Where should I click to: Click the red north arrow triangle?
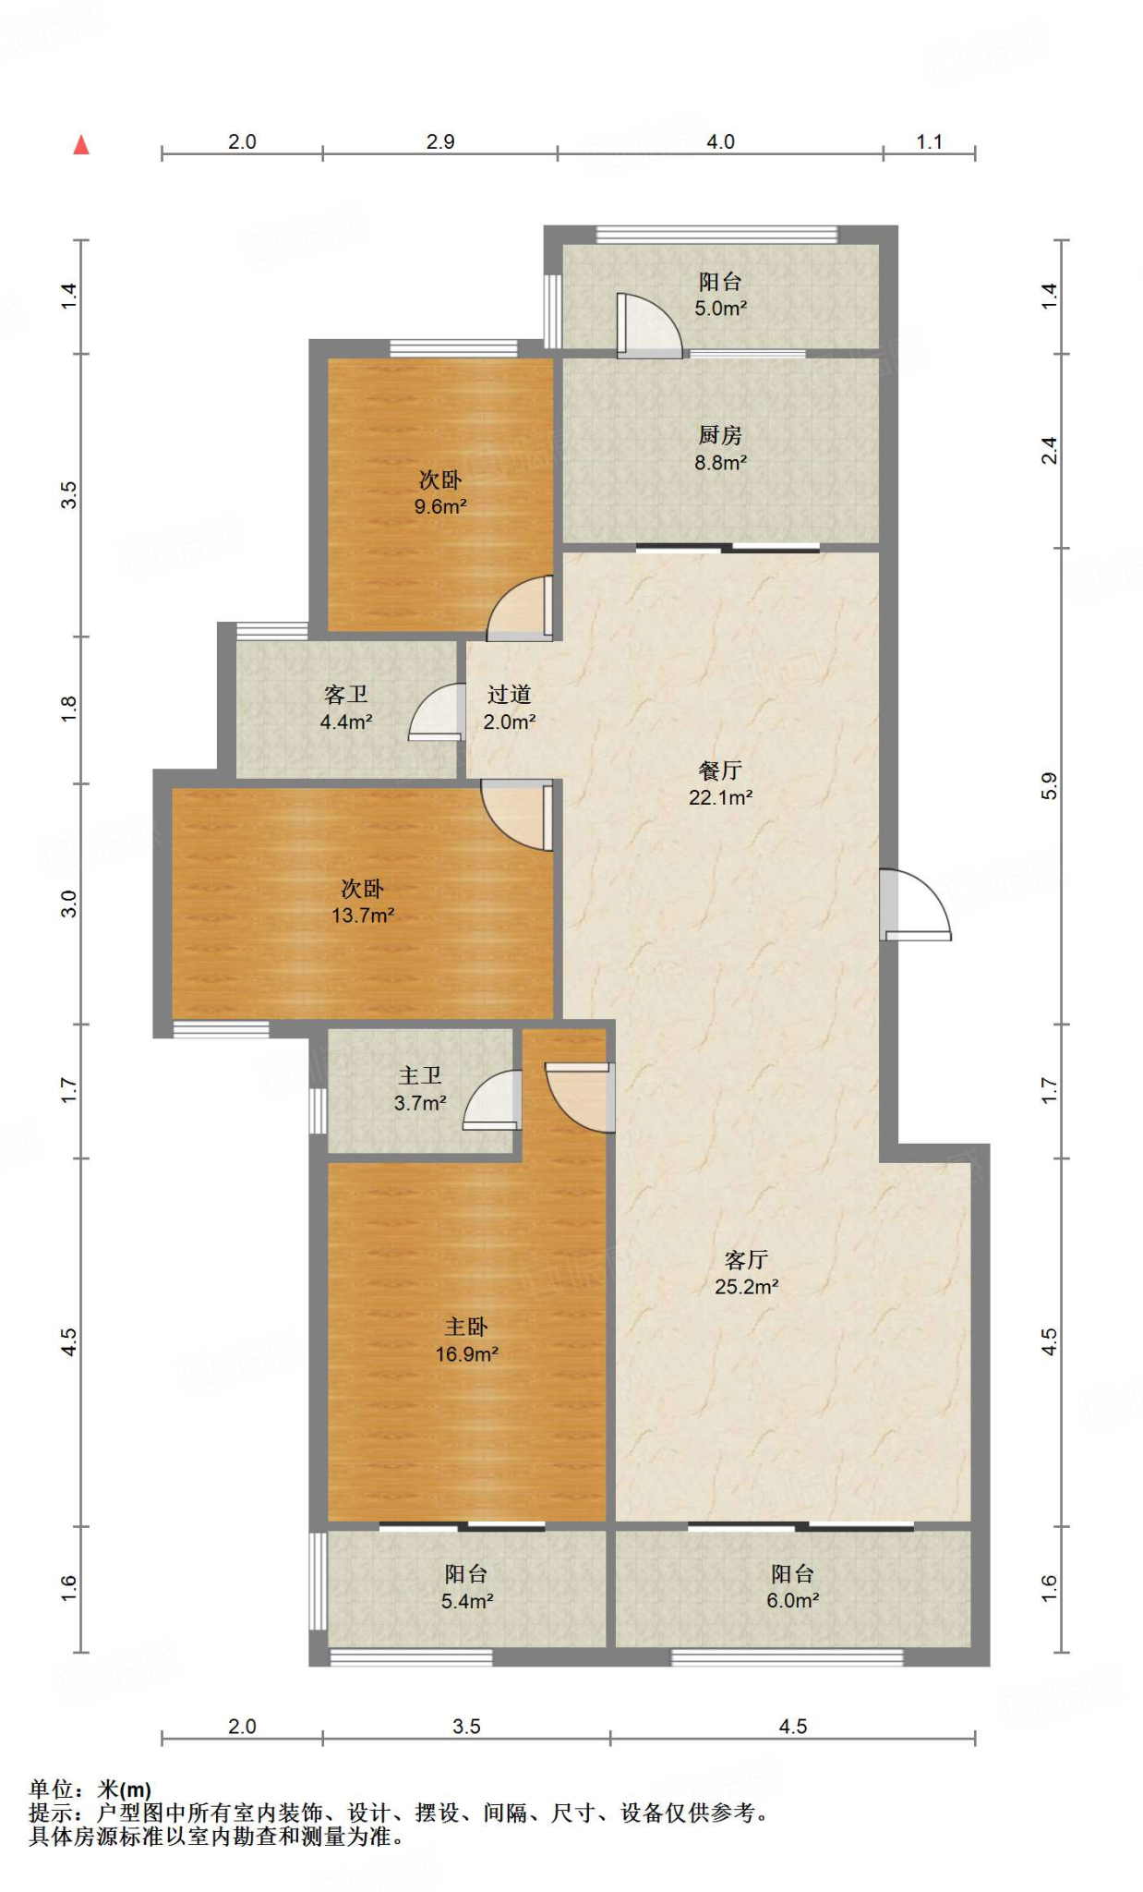click(x=81, y=145)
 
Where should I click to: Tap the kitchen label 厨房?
click(x=720, y=434)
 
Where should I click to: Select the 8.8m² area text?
click(x=721, y=462)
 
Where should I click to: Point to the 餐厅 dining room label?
click(x=720, y=770)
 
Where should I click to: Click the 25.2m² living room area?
click(x=746, y=1286)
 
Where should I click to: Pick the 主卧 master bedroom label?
click(x=466, y=1327)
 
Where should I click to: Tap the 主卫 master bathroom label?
click(x=420, y=1075)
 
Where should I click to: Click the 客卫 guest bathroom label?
click(x=346, y=694)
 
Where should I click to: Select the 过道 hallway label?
click(x=510, y=694)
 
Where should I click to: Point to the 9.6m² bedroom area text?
click(x=440, y=506)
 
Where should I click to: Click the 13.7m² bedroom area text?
click(x=363, y=915)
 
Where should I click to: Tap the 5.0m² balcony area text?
click(x=721, y=308)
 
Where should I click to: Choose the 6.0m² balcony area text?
click(x=793, y=1600)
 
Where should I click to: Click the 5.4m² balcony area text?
click(x=467, y=1601)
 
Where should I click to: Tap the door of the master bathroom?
click(x=492, y=1099)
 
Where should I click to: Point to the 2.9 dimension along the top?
click(x=440, y=141)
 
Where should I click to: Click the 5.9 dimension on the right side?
click(x=1049, y=785)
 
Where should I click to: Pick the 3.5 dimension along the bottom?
click(x=466, y=1726)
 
